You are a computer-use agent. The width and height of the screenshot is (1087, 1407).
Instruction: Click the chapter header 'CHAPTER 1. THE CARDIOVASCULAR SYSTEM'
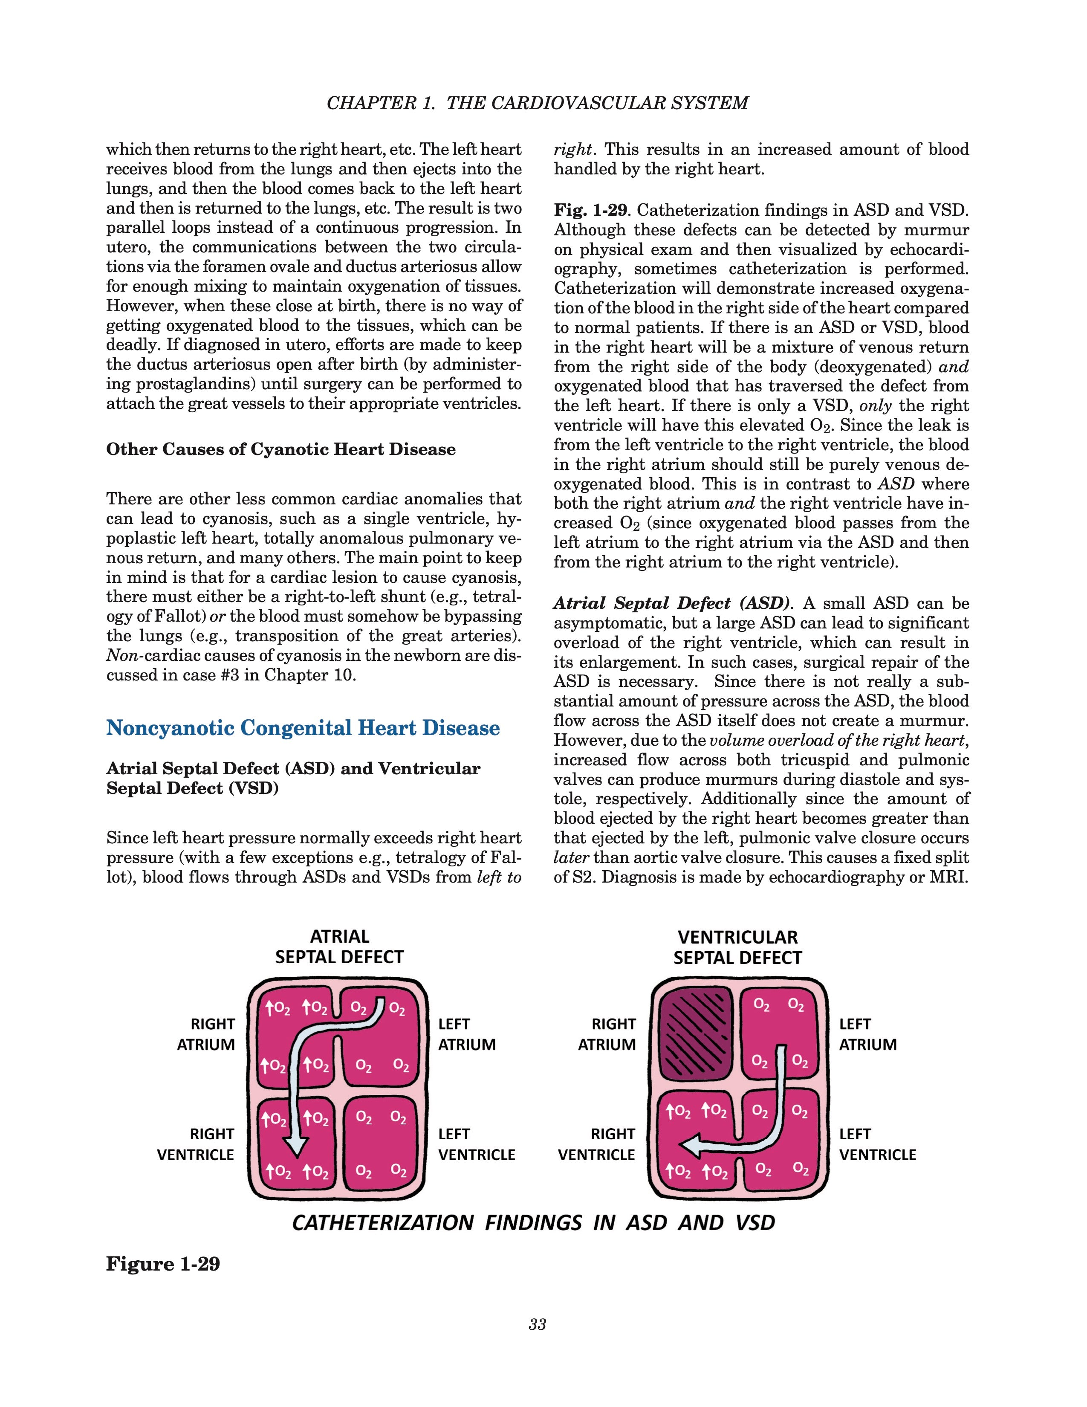(x=537, y=103)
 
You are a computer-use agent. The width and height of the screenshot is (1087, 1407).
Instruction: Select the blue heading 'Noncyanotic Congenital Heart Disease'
(x=303, y=728)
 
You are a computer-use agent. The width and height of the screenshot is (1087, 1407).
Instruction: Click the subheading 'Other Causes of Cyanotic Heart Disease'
(x=281, y=449)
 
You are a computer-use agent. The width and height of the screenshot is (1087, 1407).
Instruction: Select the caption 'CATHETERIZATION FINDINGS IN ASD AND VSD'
(x=533, y=1223)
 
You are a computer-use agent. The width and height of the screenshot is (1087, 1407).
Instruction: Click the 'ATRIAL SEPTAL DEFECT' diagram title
(x=339, y=947)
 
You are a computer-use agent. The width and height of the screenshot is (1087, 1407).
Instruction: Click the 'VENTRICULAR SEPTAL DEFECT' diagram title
(x=737, y=947)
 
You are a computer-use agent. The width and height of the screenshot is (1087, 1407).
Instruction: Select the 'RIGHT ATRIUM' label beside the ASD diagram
(x=206, y=1034)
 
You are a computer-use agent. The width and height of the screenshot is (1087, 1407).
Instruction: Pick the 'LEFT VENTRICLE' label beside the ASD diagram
(x=477, y=1144)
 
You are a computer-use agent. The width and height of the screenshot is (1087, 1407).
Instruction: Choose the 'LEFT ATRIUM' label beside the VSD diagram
(x=867, y=1034)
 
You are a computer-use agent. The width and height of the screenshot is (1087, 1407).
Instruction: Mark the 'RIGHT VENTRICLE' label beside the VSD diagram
(x=596, y=1144)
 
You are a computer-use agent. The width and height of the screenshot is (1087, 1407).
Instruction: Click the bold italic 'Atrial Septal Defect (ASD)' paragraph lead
(x=672, y=604)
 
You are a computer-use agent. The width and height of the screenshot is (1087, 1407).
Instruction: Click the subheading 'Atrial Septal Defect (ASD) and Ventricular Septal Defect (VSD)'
(x=293, y=778)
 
